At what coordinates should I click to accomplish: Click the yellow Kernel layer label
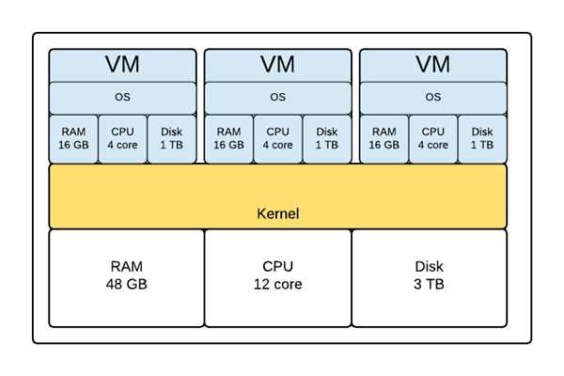277,213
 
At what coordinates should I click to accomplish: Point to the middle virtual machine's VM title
277,65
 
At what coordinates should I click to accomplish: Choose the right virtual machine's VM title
433,65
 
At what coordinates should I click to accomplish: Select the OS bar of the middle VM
277,97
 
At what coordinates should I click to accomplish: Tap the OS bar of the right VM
433,97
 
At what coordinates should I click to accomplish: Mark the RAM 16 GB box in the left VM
73,139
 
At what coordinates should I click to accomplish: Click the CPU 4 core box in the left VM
122,139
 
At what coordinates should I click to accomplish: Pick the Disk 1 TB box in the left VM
172,139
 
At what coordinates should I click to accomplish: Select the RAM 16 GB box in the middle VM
228,139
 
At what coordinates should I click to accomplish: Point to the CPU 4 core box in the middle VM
277,139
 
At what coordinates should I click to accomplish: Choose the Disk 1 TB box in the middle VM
327,139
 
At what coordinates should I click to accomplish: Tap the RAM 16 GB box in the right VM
384,139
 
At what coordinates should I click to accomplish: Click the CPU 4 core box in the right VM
433,139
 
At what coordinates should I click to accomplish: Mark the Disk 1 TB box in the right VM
482,139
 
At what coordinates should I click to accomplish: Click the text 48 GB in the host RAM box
127,285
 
